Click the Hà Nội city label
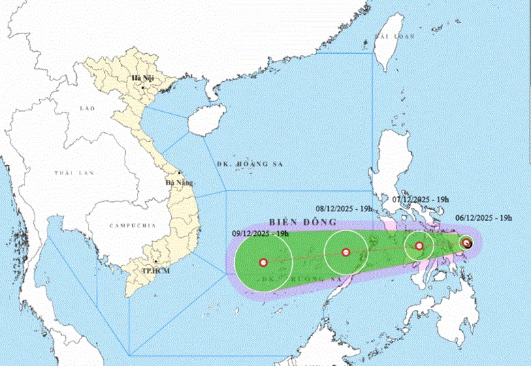pyautogui.click(x=144, y=79)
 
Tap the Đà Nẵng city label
pyautogui.click(x=180, y=183)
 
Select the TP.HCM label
pyautogui.click(x=157, y=271)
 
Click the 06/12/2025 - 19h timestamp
pyautogui.click(x=484, y=218)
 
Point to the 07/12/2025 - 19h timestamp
pyautogui.click(x=421, y=199)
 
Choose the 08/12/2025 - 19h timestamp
pyautogui.click(x=344, y=209)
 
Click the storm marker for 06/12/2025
pyautogui.click(x=466, y=243)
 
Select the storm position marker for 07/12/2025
pyautogui.click(x=419, y=246)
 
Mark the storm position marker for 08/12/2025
pyautogui.click(x=346, y=252)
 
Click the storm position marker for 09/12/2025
pyautogui.click(x=263, y=262)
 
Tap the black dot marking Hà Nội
pyautogui.click(x=143, y=87)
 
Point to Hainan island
pyautogui.click(x=203, y=123)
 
